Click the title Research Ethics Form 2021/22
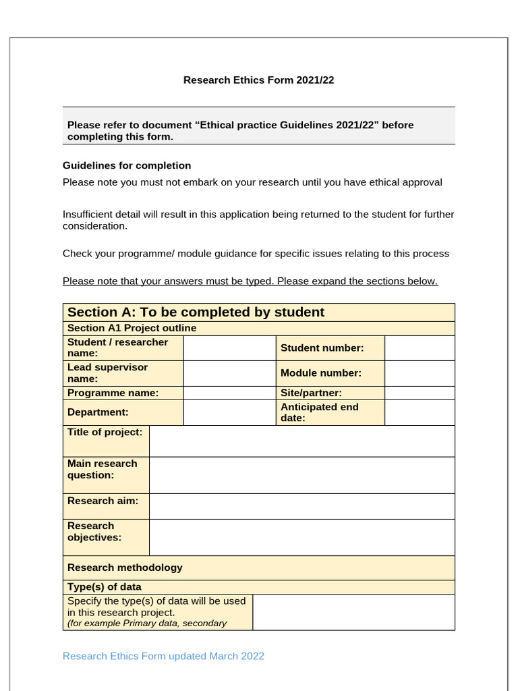coord(259,80)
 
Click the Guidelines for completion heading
coord(127,165)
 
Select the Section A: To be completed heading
coord(196,312)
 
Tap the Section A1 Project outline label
coord(132,328)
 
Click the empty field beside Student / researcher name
coord(229,348)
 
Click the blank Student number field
coord(420,348)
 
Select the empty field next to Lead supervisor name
coord(229,373)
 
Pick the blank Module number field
coord(420,373)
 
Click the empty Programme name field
coord(229,393)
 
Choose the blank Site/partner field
coord(420,393)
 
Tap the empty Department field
coord(229,412)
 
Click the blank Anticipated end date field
coord(420,412)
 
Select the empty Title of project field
coord(301,441)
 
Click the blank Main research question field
coord(301,475)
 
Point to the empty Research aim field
coord(301,506)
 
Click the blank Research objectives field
coord(301,537)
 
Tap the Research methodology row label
coord(125,568)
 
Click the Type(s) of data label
coord(105,587)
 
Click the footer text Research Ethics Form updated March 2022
coord(163,656)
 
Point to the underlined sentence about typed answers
coord(250,281)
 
